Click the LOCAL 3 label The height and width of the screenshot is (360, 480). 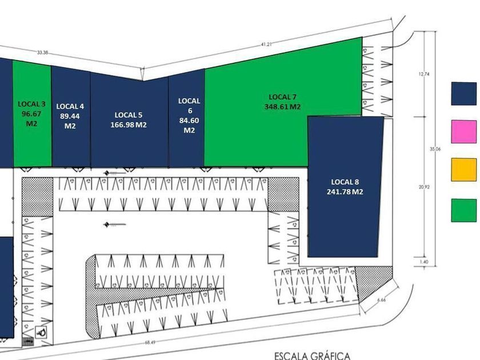click(32, 104)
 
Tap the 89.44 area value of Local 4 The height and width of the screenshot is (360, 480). click(70, 115)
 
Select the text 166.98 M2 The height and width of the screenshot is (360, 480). click(129, 125)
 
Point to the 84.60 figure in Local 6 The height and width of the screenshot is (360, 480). click(189, 120)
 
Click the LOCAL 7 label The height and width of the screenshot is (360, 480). click(283, 97)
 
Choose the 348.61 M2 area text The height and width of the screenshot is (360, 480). click(283, 107)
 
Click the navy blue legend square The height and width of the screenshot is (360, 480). click(463, 94)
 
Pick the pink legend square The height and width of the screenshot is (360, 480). click(463, 131)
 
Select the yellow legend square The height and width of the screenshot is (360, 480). click(463, 170)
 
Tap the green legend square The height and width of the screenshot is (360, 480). click(463, 210)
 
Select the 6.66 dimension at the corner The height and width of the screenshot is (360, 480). click(382, 299)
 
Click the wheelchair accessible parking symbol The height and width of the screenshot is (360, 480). click(42, 330)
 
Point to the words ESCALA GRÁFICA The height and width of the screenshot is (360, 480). click(312, 355)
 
